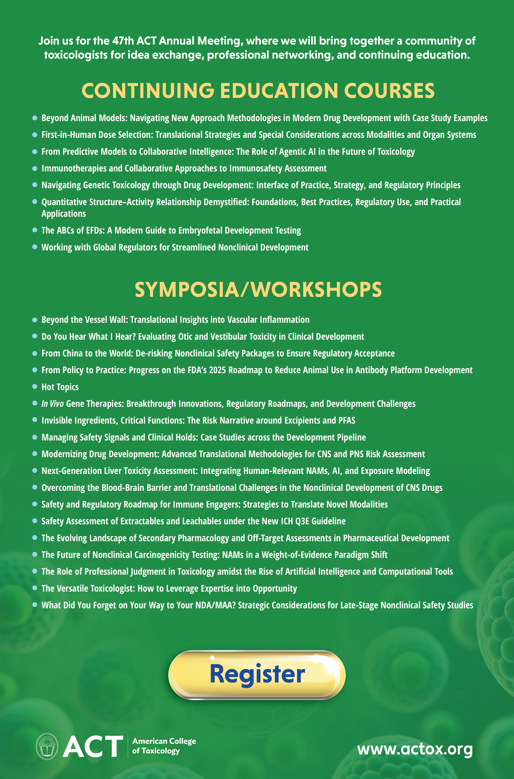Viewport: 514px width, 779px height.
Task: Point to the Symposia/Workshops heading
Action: (x=258, y=290)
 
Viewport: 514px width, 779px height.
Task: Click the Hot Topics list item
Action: (x=60, y=387)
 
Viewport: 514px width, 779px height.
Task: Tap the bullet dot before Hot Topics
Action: (x=35, y=387)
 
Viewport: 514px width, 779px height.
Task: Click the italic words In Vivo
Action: (x=52, y=404)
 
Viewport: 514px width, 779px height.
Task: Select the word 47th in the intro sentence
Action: (x=123, y=41)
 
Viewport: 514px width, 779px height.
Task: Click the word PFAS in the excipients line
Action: (x=346, y=421)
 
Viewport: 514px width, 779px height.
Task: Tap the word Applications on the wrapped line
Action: (x=63, y=214)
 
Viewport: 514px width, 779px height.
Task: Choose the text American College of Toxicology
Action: (x=164, y=746)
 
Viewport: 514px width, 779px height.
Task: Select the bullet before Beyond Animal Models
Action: (x=35, y=118)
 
